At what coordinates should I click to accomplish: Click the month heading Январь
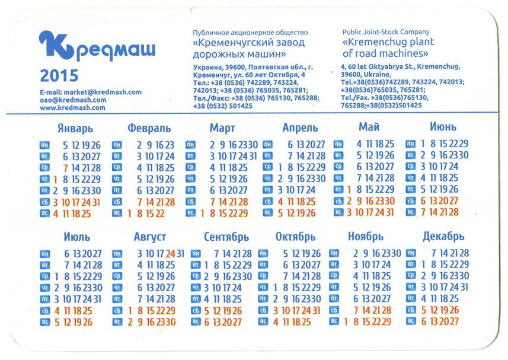click(x=75, y=128)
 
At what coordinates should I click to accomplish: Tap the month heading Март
click(x=222, y=128)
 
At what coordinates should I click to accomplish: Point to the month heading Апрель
click(x=300, y=128)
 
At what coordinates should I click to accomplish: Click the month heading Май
click(x=369, y=127)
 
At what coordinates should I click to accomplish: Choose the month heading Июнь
click(x=443, y=128)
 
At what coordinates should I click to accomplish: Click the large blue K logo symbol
click(x=56, y=46)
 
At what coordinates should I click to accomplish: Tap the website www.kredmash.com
click(x=73, y=108)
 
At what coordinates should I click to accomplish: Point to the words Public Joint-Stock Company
click(x=386, y=32)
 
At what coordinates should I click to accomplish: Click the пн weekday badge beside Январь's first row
click(x=44, y=145)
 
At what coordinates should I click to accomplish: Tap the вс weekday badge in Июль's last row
click(x=44, y=322)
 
